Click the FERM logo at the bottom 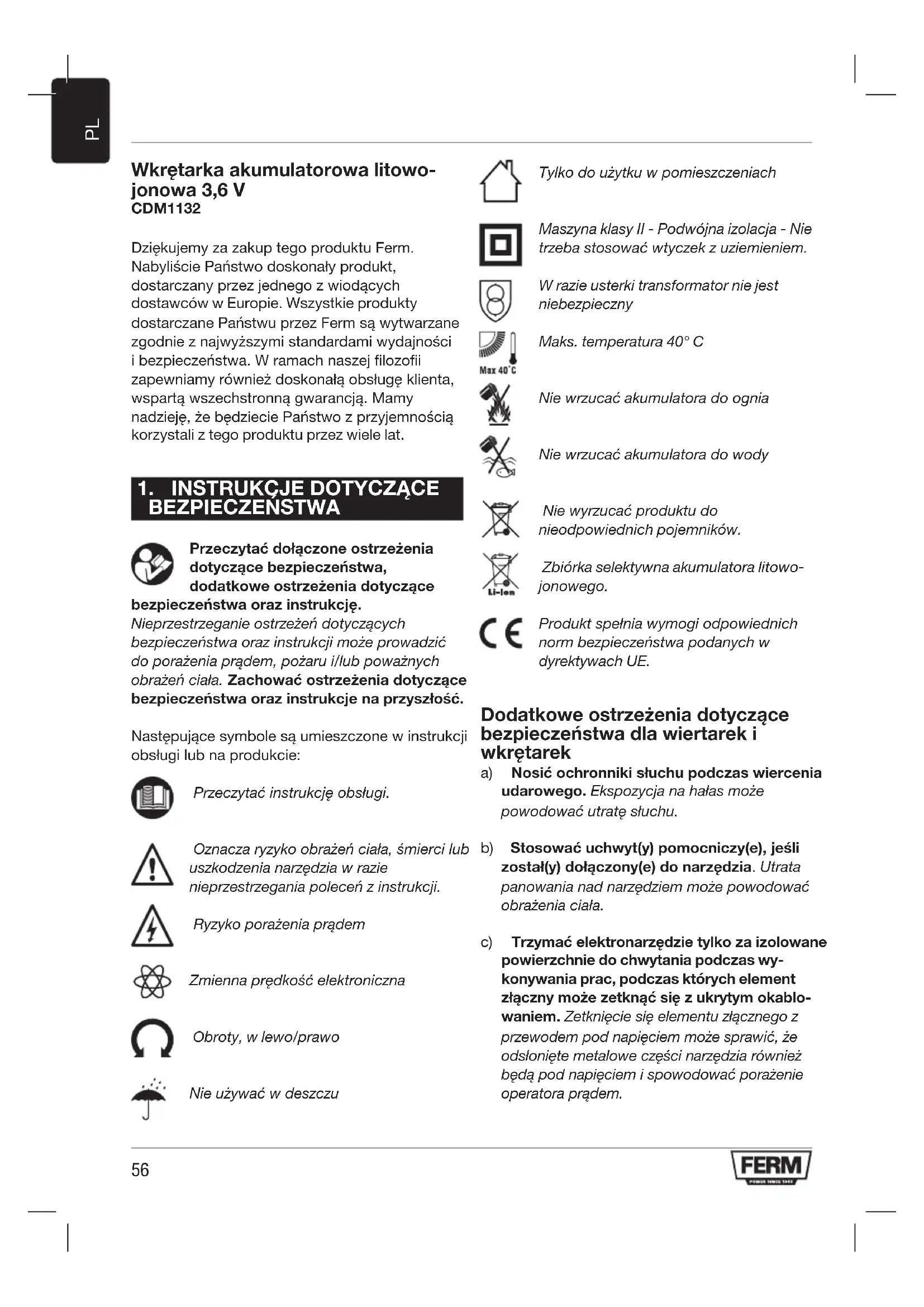point(771,1167)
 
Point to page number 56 point(140,1170)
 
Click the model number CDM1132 point(165,208)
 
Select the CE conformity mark point(501,633)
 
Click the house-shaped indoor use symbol point(500,181)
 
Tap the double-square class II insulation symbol point(500,245)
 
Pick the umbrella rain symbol point(149,1098)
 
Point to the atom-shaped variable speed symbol point(152,981)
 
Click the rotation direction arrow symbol point(152,1038)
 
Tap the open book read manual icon point(152,797)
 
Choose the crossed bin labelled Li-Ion point(501,574)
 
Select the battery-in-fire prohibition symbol point(496,405)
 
